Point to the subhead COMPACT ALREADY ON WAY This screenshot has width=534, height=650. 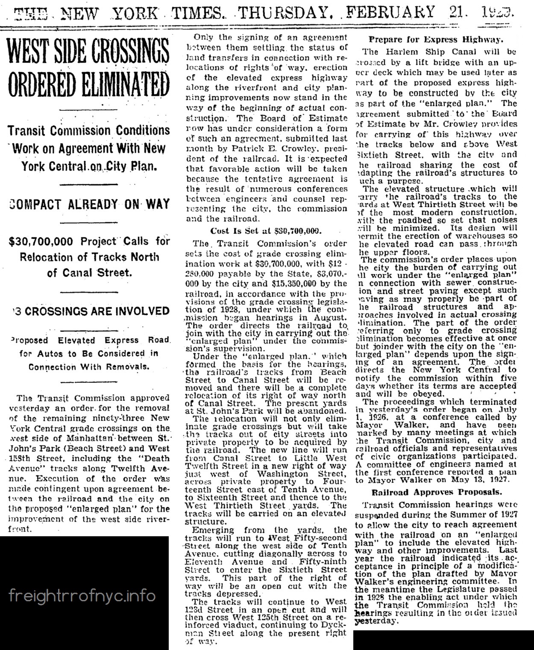click(x=89, y=204)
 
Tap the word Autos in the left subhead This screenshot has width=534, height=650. click(x=50, y=353)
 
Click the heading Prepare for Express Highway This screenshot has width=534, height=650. click(x=437, y=40)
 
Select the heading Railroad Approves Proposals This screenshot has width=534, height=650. click(x=436, y=492)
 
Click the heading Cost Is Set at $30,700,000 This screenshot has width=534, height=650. click(x=265, y=231)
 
